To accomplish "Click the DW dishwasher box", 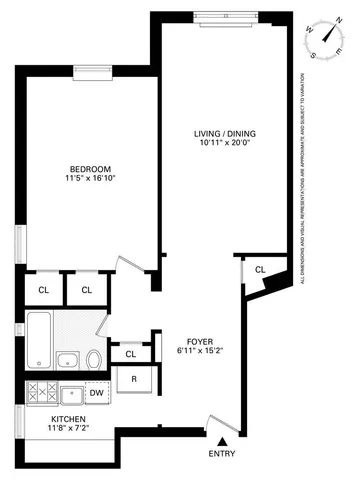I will tap(96, 393).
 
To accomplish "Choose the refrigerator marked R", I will tap(132, 379).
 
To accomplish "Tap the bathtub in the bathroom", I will tap(38, 341).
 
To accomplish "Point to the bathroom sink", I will tap(68, 361).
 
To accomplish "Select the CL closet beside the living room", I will tap(259, 270).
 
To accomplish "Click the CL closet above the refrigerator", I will tap(131, 354).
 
